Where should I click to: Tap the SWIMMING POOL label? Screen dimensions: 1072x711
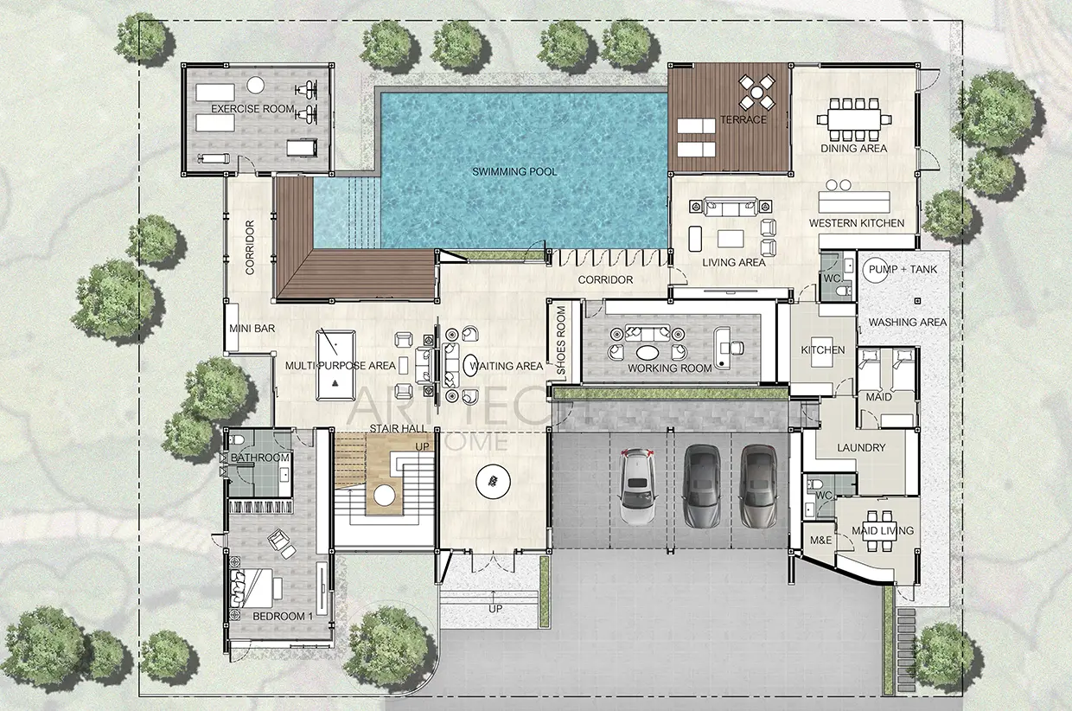click(514, 171)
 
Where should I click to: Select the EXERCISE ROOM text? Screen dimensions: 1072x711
click(252, 109)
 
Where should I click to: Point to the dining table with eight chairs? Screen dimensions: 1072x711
click(854, 119)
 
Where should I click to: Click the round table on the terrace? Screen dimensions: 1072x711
click(756, 92)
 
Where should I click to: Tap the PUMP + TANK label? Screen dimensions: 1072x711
click(903, 269)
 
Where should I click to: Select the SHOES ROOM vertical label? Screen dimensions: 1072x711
click(561, 341)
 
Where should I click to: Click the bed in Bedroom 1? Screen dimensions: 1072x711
click(252, 588)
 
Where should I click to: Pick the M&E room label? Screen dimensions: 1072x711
click(820, 540)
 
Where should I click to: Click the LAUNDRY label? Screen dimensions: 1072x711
click(861, 448)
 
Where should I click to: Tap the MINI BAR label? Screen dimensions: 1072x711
click(252, 329)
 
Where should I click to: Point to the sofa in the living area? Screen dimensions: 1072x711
click(730, 207)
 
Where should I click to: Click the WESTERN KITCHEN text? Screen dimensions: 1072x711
click(857, 223)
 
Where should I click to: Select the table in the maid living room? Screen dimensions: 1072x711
click(879, 530)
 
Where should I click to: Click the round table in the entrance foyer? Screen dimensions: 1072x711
click(493, 482)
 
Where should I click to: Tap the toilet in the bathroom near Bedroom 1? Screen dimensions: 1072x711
click(237, 439)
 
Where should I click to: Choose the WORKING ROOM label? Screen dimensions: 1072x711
click(669, 368)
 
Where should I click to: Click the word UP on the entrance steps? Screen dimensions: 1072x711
click(495, 609)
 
